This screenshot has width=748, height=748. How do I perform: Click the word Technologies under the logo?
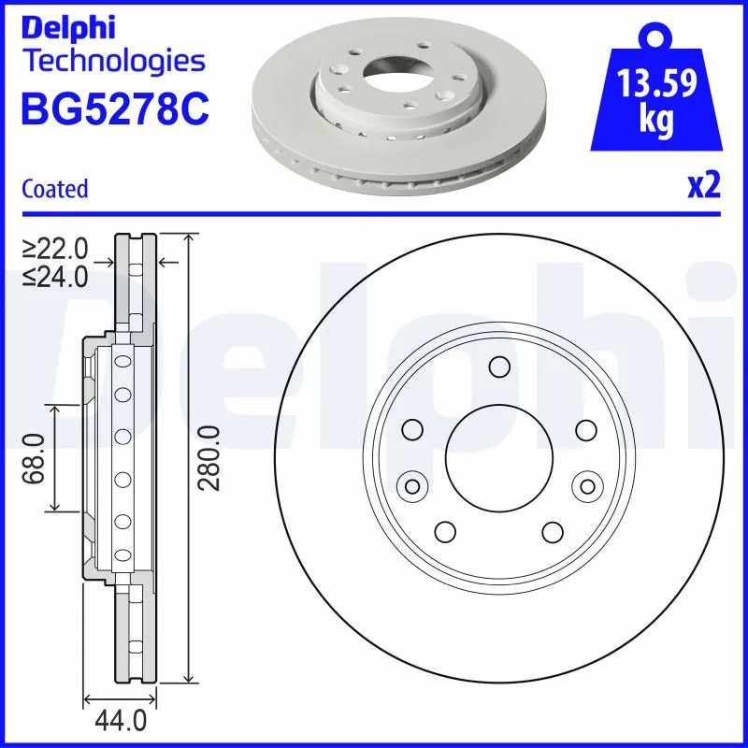coord(112,62)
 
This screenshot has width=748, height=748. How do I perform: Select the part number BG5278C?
coord(114,110)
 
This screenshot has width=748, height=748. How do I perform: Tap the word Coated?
coord(54,189)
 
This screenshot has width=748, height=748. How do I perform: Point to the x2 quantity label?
coord(703,187)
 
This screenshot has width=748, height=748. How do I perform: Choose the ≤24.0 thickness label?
coord(56,276)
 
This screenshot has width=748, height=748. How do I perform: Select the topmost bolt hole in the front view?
coord(498,366)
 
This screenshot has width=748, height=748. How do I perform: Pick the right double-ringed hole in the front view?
coord(587,484)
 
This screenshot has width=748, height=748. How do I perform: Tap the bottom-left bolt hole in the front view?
coord(445,532)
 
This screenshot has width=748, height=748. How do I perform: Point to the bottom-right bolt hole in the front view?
coord(552,532)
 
